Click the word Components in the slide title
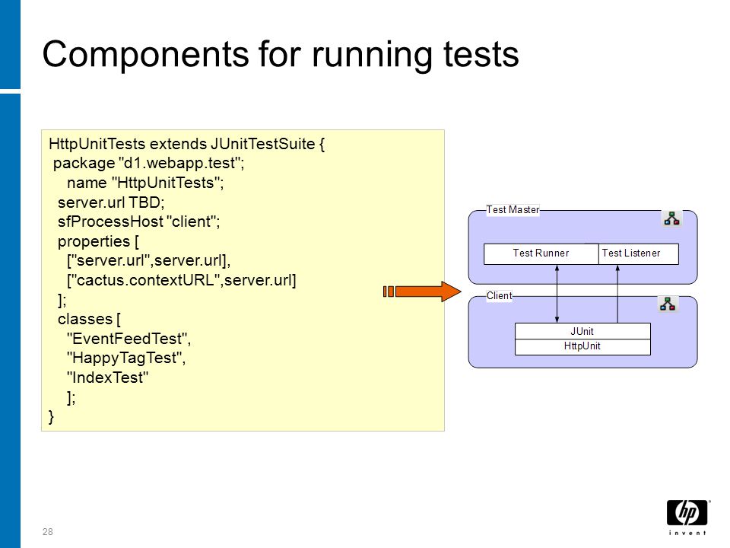(x=146, y=54)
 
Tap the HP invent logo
(x=687, y=518)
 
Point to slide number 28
(x=47, y=532)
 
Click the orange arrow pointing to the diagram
(x=422, y=292)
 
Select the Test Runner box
(x=541, y=254)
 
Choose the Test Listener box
(x=638, y=254)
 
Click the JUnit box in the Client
(x=582, y=331)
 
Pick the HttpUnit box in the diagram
(x=582, y=347)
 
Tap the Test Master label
(x=513, y=210)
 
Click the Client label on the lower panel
(x=499, y=295)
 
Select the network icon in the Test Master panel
(x=671, y=218)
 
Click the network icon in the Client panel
(x=668, y=304)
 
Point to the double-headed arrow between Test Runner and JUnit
(x=557, y=294)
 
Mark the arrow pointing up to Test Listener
(x=617, y=294)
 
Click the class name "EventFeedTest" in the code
(x=127, y=338)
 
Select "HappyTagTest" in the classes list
(x=124, y=358)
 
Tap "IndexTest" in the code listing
(x=107, y=378)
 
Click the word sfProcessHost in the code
(x=110, y=221)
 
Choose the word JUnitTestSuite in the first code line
(x=262, y=144)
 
